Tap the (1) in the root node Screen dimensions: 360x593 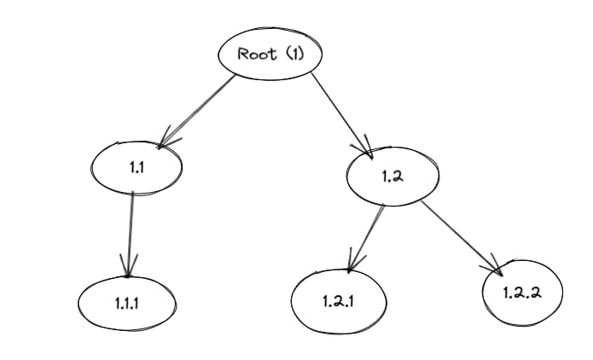click(293, 54)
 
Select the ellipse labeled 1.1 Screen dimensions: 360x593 click(137, 168)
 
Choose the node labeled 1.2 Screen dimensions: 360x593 click(392, 176)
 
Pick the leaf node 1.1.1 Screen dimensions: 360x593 click(126, 303)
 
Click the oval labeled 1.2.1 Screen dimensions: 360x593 click(339, 301)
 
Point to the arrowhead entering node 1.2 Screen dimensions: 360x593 click(367, 151)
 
